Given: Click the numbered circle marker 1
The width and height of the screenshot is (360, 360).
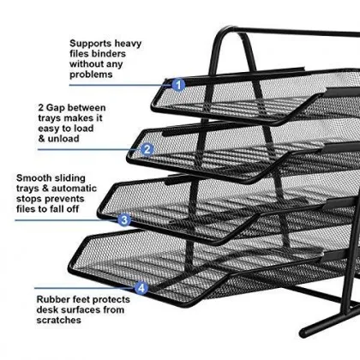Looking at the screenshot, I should (x=178, y=84).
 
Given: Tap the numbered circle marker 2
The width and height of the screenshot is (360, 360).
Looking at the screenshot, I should (x=147, y=149).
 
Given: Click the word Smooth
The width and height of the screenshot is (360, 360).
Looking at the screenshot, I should (x=33, y=180).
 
